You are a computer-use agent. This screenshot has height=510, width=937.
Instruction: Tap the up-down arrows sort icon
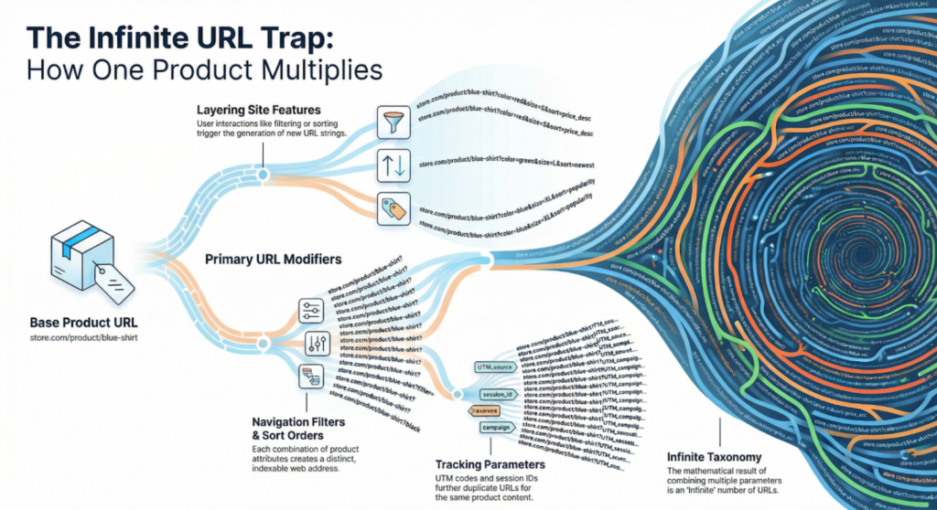tap(390, 165)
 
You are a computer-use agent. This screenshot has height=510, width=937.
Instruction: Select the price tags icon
tap(390, 208)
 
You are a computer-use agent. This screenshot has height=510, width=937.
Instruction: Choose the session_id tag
tap(499, 395)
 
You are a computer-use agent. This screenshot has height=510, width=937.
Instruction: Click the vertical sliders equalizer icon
tap(314, 344)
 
